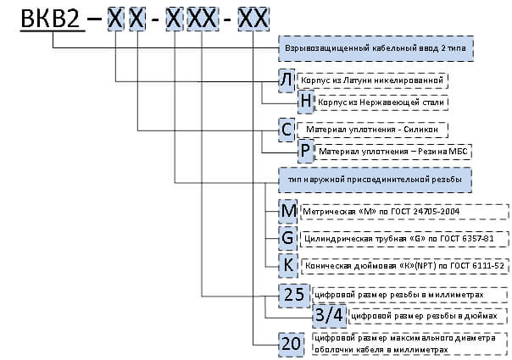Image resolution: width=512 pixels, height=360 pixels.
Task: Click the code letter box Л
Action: click(287, 80)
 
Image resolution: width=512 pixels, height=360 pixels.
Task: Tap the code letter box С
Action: click(287, 130)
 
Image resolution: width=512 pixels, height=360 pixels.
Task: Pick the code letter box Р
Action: click(305, 152)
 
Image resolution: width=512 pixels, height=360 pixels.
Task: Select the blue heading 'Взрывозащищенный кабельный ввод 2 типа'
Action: click(376, 48)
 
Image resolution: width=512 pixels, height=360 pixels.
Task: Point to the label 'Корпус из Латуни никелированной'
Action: click(373, 80)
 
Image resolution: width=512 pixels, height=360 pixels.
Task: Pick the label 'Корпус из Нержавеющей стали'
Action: click(381, 102)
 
